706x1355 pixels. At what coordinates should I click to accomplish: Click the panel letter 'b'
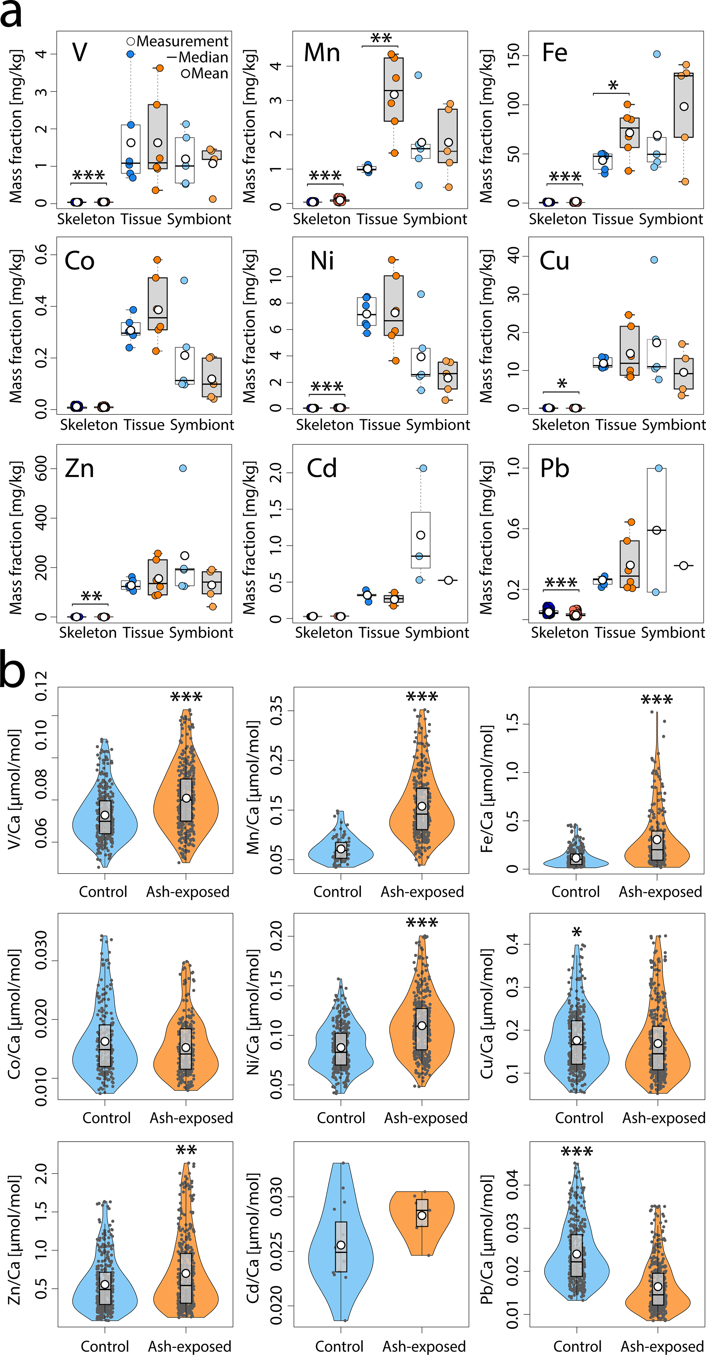[x=12, y=669]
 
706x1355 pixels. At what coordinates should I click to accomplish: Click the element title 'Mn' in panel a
[x=322, y=53]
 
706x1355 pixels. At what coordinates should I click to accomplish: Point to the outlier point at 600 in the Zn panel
[x=183, y=468]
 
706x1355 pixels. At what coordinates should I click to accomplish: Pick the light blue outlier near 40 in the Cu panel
[x=654, y=260]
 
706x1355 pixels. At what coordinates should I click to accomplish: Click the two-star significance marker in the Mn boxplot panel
[x=381, y=38]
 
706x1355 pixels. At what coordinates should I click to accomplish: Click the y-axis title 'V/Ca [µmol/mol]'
[x=14, y=789]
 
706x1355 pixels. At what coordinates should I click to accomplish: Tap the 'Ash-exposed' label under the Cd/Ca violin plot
[x=424, y=1346]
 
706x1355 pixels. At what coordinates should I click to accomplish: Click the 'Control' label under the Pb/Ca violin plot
[x=577, y=1346]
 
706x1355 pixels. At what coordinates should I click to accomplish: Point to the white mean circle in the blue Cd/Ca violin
[x=341, y=1245]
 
